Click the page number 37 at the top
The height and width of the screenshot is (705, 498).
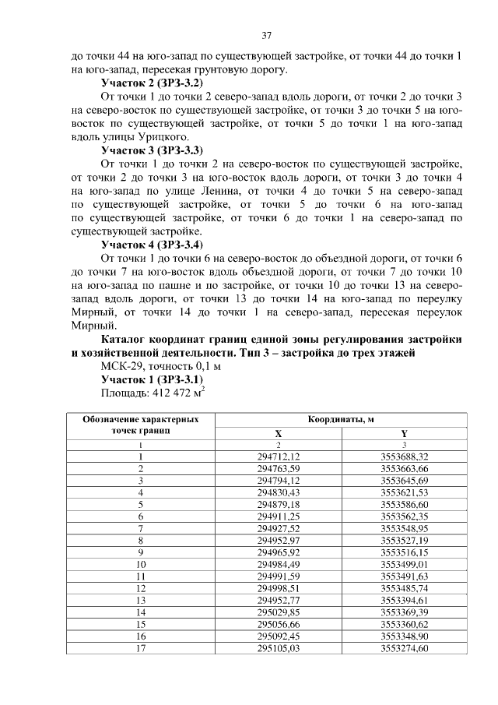click(266, 36)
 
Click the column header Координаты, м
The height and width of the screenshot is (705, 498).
click(341, 419)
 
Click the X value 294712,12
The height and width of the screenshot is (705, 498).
click(278, 456)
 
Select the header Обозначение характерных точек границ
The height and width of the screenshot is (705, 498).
click(141, 425)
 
